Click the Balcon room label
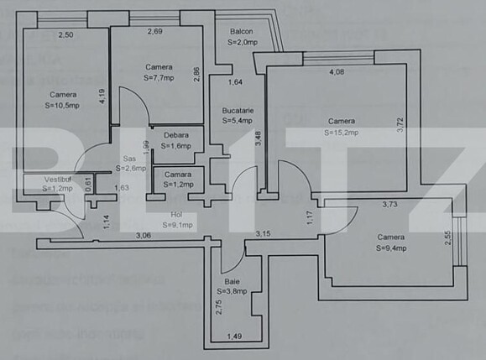[243, 33]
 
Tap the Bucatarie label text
[238, 111]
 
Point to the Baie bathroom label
[232, 282]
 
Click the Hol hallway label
[176, 214]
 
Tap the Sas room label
[129, 158]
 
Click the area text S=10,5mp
[62, 106]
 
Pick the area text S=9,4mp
[392, 248]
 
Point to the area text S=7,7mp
[158, 78]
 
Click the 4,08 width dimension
[336, 71]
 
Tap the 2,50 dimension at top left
[65, 34]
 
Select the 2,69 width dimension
[155, 32]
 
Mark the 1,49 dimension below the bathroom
[235, 337]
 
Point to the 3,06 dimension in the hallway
[144, 236]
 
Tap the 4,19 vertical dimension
[101, 97]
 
